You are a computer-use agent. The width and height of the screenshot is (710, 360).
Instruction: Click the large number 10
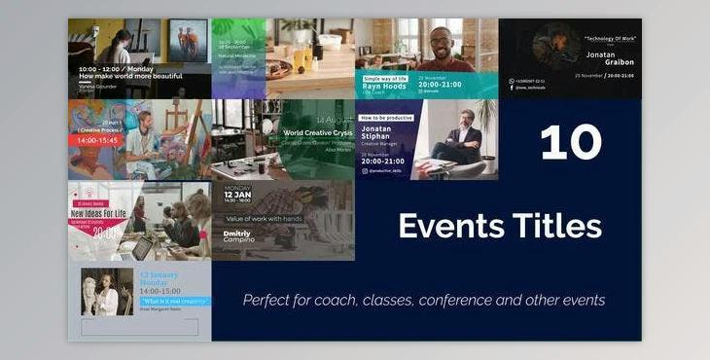coord(571,143)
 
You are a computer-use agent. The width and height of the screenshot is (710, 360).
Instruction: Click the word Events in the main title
coord(453,226)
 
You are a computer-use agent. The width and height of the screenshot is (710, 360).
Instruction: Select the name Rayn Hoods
coord(384,85)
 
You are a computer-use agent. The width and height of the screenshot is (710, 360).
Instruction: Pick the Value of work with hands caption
coord(265,219)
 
